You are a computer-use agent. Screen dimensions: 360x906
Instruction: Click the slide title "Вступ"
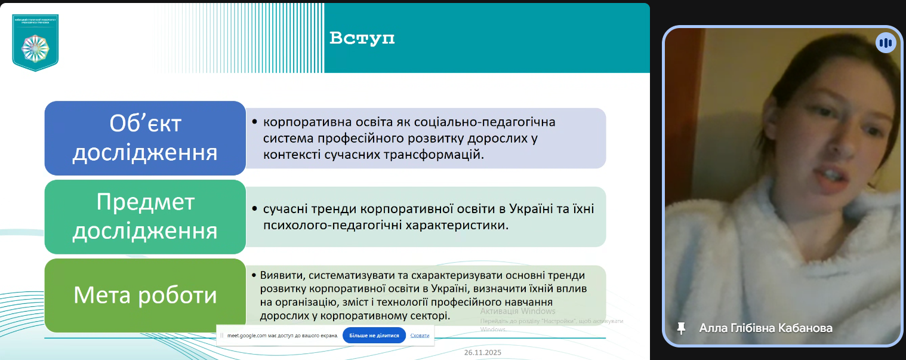point(362,39)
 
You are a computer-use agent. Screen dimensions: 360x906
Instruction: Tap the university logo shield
point(35,42)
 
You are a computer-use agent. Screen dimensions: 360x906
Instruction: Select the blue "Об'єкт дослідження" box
point(145,138)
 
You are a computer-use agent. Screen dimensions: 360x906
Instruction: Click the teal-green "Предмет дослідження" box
point(145,217)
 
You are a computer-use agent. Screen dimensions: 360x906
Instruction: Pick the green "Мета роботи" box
point(145,296)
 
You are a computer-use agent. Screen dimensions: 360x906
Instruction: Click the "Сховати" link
point(420,336)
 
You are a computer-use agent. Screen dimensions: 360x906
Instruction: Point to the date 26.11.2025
point(483,353)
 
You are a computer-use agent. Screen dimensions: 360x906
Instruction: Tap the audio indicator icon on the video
point(886,43)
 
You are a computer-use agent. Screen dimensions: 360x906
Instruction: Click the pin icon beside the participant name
point(680,328)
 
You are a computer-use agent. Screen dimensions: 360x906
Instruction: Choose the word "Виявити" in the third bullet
point(278,275)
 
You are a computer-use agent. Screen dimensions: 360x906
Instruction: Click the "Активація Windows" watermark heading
point(517,311)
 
